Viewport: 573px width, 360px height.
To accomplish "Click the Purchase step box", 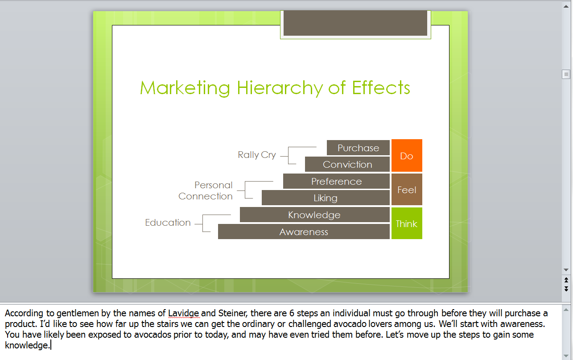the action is pos(358,148).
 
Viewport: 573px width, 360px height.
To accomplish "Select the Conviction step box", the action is pos(347,164).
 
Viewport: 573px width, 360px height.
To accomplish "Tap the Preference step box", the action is pos(336,181).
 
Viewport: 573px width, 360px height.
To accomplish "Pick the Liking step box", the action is pos(326,198).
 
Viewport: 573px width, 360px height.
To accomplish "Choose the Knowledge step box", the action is pos(315,215).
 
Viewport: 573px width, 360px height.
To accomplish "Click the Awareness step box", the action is pos(304,232).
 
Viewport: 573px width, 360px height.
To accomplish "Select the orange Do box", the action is pos(407,156).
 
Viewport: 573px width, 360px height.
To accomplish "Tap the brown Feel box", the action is pos(407,190).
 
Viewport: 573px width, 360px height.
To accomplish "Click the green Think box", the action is pos(407,223).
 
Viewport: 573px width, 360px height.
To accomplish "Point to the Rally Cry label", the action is pos(257,155).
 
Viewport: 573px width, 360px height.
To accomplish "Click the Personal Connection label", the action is pos(206,190).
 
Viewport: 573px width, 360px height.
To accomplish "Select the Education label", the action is pos(168,223).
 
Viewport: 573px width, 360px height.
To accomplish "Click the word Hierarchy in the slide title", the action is pos(280,88).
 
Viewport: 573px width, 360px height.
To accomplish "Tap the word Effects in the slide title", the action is pos(381,88).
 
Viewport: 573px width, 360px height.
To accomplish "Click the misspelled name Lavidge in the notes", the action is pos(183,313).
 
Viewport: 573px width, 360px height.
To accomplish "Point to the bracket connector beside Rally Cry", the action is pos(289,156).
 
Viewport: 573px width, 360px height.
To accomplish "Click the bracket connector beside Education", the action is pos(202,223).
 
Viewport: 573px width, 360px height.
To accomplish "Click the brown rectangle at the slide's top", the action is pos(355,23).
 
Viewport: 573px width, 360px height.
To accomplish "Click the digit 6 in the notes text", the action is pos(292,313).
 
